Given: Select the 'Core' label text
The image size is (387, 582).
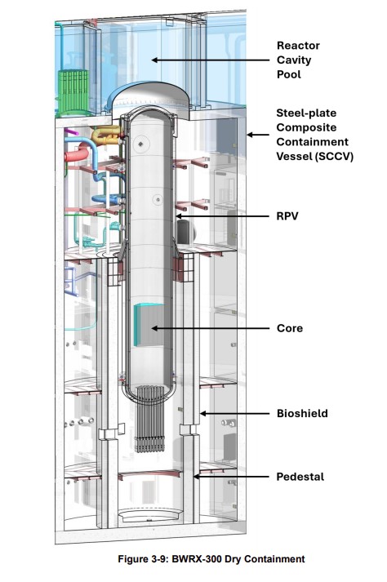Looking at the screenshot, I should (x=290, y=328).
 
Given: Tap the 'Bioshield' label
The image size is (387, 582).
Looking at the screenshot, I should (x=301, y=414).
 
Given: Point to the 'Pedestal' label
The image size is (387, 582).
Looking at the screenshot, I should (x=299, y=477).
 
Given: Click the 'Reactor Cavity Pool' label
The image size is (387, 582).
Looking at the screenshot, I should (x=298, y=60).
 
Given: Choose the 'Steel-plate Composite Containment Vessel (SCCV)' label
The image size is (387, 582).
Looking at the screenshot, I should (x=314, y=135).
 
